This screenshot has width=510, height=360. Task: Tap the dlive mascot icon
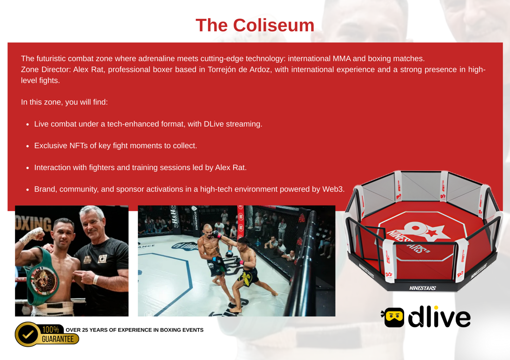[x=393, y=317]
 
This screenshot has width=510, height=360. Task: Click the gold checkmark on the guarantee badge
[x=28, y=334]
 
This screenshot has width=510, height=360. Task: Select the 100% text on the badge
[x=50, y=329]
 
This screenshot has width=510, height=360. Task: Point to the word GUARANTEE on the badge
[x=58, y=339]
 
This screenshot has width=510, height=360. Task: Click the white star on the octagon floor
[x=432, y=232]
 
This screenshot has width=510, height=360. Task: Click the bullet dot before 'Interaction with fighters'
[x=28, y=168]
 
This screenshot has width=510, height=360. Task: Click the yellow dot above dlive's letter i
[x=436, y=308]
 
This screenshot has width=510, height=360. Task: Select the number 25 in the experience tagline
[x=85, y=330]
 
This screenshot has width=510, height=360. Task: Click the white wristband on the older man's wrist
[x=96, y=279]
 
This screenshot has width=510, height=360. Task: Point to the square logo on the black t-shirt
[x=102, y=258]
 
